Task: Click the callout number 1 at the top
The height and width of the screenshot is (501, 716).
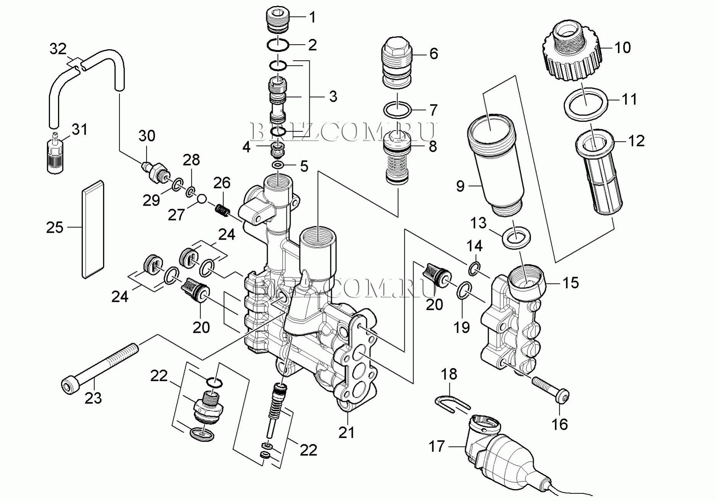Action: coord(312,17)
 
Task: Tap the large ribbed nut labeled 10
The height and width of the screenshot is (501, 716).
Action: coord(571,53)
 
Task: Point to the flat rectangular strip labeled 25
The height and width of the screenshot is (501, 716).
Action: coord(93,229)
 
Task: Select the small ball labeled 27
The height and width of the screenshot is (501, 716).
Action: coord(202,199)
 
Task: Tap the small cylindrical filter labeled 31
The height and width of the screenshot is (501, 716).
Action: coord(54,156)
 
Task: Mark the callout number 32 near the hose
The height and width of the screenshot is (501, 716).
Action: coord(58,49)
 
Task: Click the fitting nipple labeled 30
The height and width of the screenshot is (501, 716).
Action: coord(156,171)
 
